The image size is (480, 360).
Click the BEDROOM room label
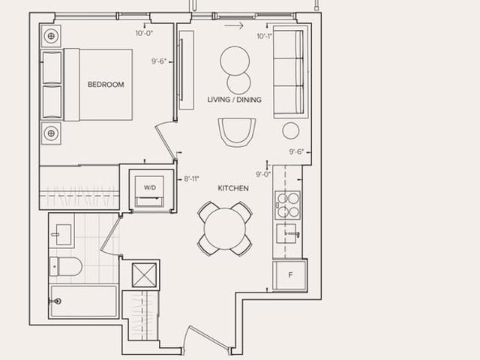pos(106,85)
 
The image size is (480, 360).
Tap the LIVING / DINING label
pos(235,100)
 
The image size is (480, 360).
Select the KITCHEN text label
pos(233,188)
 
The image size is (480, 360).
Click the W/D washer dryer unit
pos(150,192)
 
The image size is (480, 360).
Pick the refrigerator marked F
pos(290,275)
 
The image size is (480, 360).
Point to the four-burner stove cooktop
pos(287,205)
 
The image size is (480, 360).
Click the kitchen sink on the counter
pos(287,233)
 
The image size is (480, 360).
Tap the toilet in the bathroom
pos(65,266)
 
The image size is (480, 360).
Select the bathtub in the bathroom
pos(83,301)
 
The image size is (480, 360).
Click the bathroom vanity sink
pos(64,235)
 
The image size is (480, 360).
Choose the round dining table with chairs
pos(225,229)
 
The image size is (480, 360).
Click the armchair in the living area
pos(237,132)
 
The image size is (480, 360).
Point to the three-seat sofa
pos(288,72)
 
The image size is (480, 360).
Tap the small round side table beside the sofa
pos(290,130)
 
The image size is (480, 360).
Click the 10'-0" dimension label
pos(144,33)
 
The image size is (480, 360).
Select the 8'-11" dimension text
pos(192,178)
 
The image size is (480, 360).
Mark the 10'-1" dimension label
pos(265,37)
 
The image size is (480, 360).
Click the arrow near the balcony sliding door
pos(233,25)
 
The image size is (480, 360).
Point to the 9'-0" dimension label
pos(263,175)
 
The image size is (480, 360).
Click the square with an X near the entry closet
pos(144,275)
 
